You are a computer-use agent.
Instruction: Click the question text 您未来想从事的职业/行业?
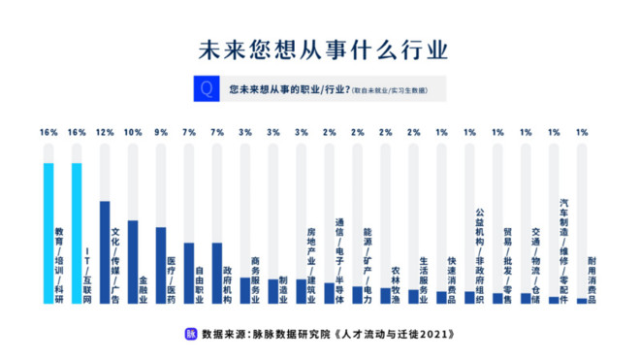coord(288,89)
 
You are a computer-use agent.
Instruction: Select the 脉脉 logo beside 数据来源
coord(190,332)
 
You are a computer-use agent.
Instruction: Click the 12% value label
coord(105,132)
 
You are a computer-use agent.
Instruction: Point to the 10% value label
coord(133,132)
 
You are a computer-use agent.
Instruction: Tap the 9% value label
coord(161,132)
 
